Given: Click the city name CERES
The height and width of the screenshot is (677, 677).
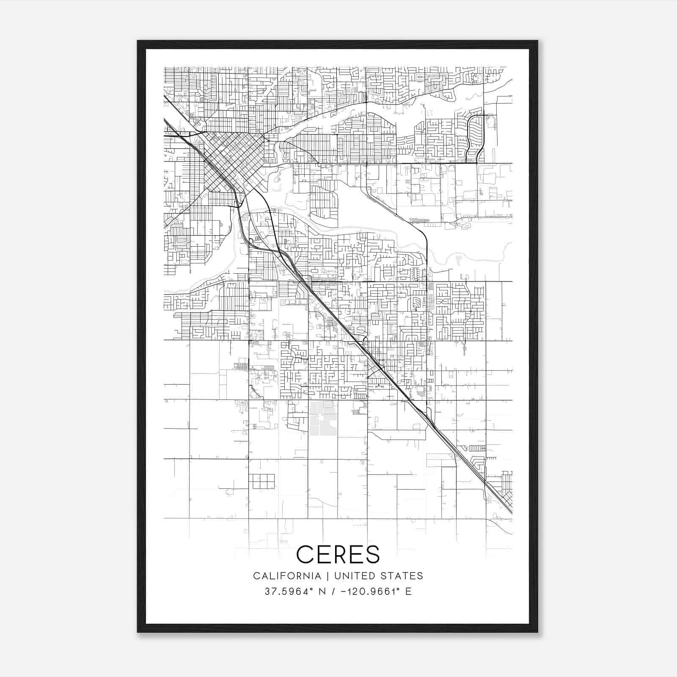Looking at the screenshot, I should [x=338, y=554].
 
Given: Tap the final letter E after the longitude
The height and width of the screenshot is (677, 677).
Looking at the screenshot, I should [x=408, y=592].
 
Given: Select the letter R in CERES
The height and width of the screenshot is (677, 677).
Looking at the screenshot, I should [x=338, y=554].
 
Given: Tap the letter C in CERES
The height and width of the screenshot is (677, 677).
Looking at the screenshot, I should [x=305, y=554].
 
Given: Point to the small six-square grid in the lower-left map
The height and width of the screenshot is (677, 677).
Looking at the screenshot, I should [x=261, y=481].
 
